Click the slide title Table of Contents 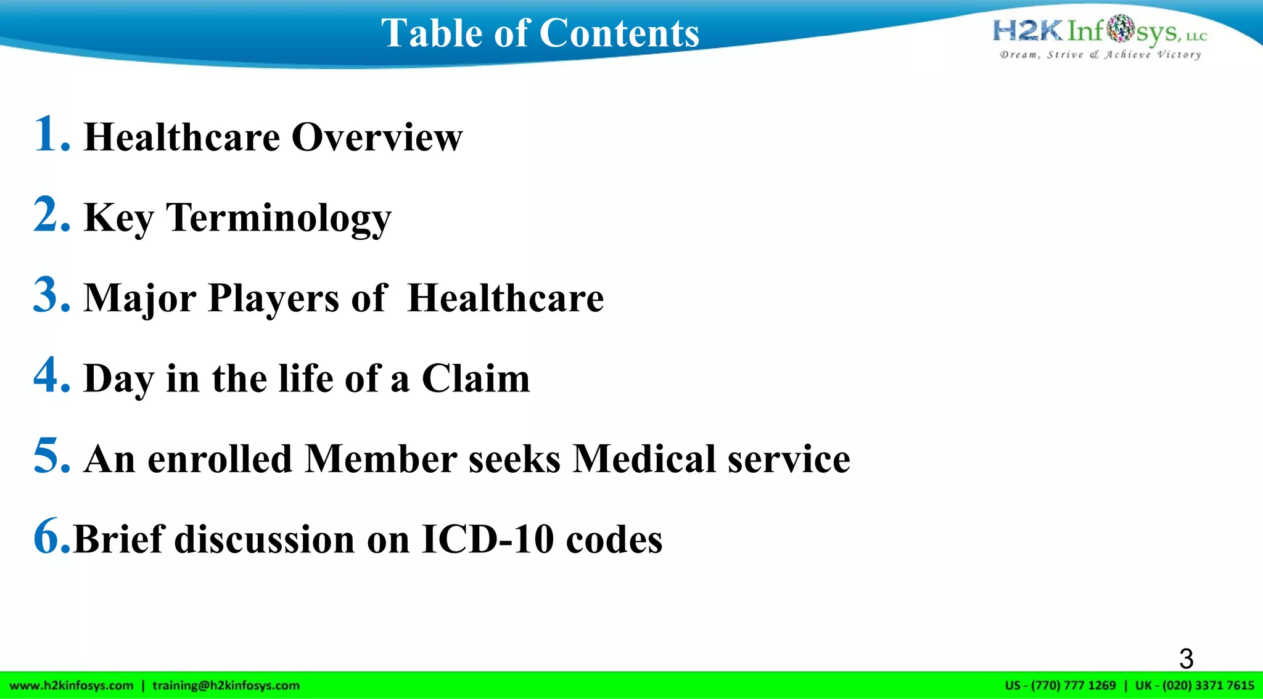pyautogui.click(x=540, y=33)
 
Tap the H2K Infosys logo pyautogui.click(x=1100, y=31)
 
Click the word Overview pyautogui.click(x=377, y=137)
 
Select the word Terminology pyautogui.click(x=279, y=218)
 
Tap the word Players pyautogui.click(x=273, y=298)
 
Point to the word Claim pyautogui.click(x=475, y=378)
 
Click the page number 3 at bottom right pyautogui.click(x=1186, y=659)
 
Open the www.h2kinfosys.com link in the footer pyautogui.click(x=72, y=685)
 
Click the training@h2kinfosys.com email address pyautogui.click(x=226, y=685)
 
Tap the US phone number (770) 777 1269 pyautogui.click(x=1073, y=685)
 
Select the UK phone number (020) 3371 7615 pyautogui.click(x=1208, y=685)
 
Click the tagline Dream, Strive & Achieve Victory pyautogui.click(x=1100, y=55)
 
